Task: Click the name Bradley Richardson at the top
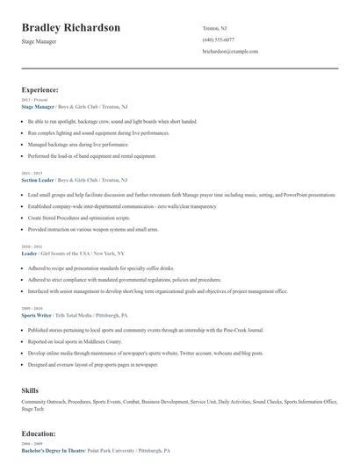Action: (71, 27)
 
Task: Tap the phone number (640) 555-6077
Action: (218, 39)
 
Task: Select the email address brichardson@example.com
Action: (230, 52)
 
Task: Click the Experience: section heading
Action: (40, 89)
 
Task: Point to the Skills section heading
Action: (31, 390)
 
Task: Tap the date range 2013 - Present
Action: (33, 101)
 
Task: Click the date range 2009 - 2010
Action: (32, 309)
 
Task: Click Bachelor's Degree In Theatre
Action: (54, 450)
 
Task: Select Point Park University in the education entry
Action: (112, 450)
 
